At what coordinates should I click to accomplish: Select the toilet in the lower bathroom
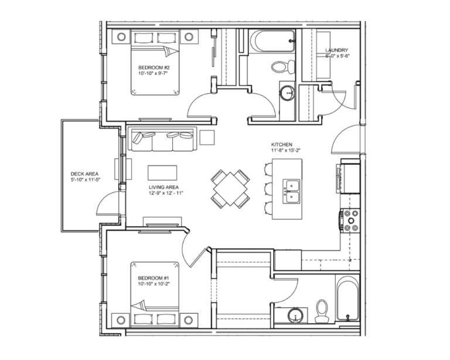tap(321, 311)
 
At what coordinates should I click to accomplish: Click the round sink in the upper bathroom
tap(287, 93)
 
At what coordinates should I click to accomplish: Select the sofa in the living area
tap(163, 139)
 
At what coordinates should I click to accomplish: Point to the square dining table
tap(230, 188)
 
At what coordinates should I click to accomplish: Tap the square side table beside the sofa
tap(208, 137)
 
